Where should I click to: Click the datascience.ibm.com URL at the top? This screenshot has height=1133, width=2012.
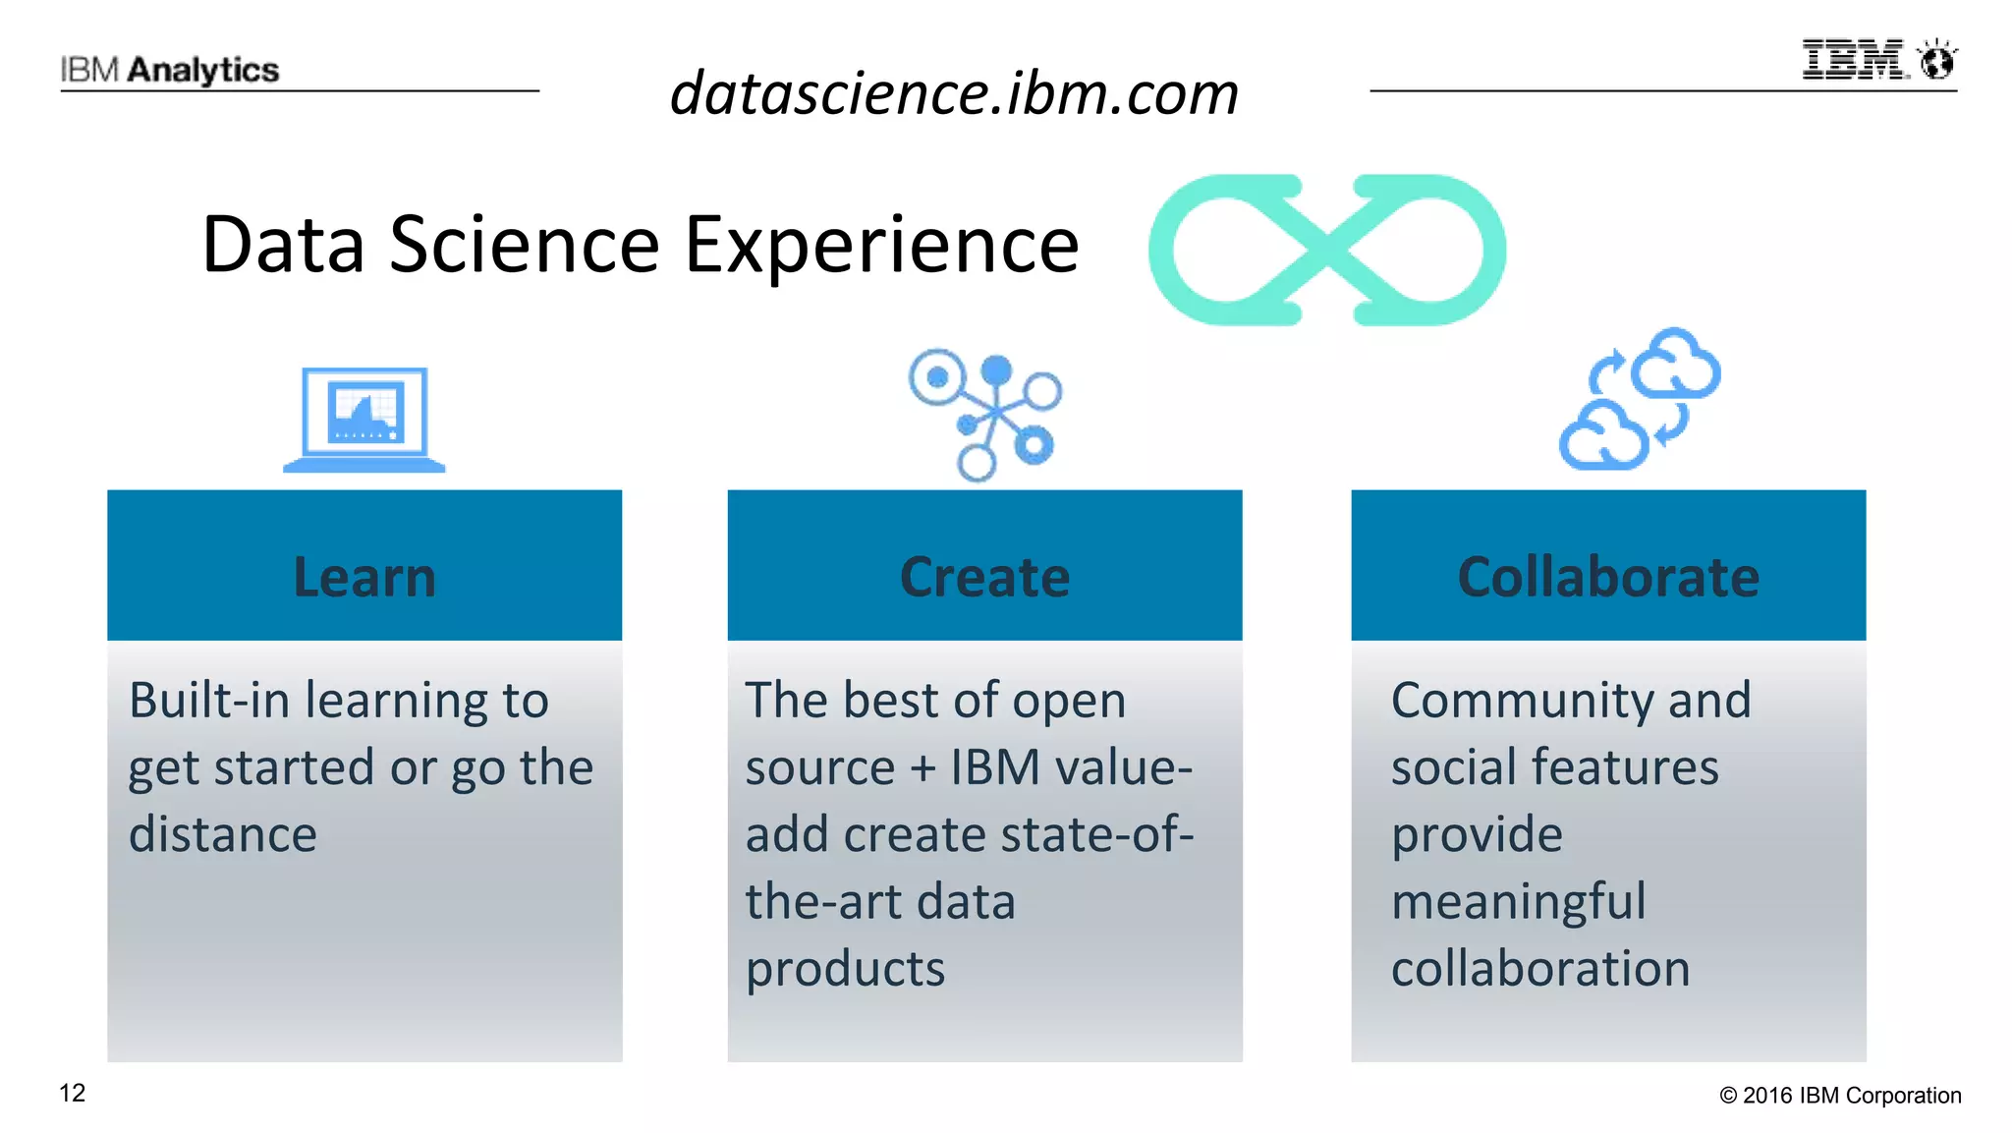click(x=954, y=94)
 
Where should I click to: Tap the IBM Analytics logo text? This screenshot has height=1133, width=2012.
click(x=170, y=70)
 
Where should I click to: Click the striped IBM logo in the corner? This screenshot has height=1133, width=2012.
click(x=1855, y=60)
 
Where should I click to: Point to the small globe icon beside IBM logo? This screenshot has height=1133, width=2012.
click(x=1938, y=61)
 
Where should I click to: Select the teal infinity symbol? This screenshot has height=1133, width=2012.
click(x=1326, y=250)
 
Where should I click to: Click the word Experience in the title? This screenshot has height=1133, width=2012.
click(x=881, y=245)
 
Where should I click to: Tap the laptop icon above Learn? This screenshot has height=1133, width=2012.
click(x=364, y=420)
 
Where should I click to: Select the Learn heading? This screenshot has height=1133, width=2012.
click(x=364, y=577)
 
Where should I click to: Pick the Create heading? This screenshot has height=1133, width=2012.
click(x=984, y=577)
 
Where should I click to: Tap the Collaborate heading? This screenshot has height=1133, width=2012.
click(x=1608, y=577)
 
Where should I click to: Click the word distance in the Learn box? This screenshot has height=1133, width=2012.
click(x=223, y=834)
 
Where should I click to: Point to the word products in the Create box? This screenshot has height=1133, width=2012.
click(x=845, y=969)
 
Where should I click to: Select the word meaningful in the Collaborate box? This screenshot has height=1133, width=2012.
click(x=1518, y=902)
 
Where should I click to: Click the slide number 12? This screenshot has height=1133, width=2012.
click(x=73, y=1093)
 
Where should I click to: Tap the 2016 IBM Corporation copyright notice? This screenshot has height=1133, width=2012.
click(x=1840, y=1096)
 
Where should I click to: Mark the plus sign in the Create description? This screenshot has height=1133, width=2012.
click(x=922, y=768)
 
